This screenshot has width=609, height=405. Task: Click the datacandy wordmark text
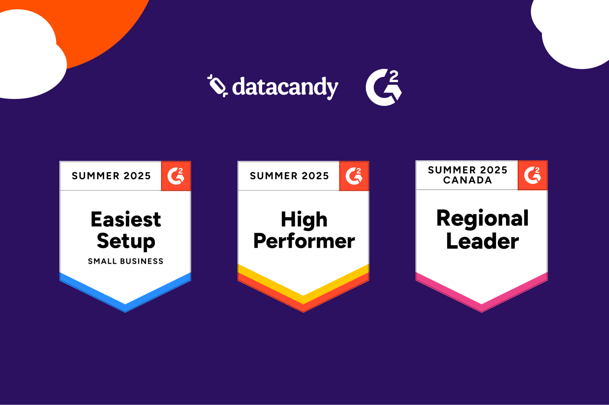285,87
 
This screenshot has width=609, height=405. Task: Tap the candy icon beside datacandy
217,86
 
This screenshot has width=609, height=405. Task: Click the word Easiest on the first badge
126,220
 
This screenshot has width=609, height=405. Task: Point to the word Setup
126,241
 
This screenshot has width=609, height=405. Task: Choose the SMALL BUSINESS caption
126,261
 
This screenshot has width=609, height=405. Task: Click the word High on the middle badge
304,220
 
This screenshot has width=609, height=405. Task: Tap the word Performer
304,241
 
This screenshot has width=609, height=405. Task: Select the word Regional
482,218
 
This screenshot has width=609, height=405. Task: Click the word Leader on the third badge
482,241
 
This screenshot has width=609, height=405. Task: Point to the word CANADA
467,180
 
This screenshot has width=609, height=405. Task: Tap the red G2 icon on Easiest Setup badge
176,176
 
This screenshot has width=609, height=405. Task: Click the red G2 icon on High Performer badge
354,176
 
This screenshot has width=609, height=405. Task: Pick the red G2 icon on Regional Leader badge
533,175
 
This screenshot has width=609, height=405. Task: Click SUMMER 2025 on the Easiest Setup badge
111,176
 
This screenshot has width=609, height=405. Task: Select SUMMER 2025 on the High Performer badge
289,176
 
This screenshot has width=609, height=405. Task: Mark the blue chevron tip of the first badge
125,307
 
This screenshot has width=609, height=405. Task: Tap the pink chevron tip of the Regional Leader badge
481,307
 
